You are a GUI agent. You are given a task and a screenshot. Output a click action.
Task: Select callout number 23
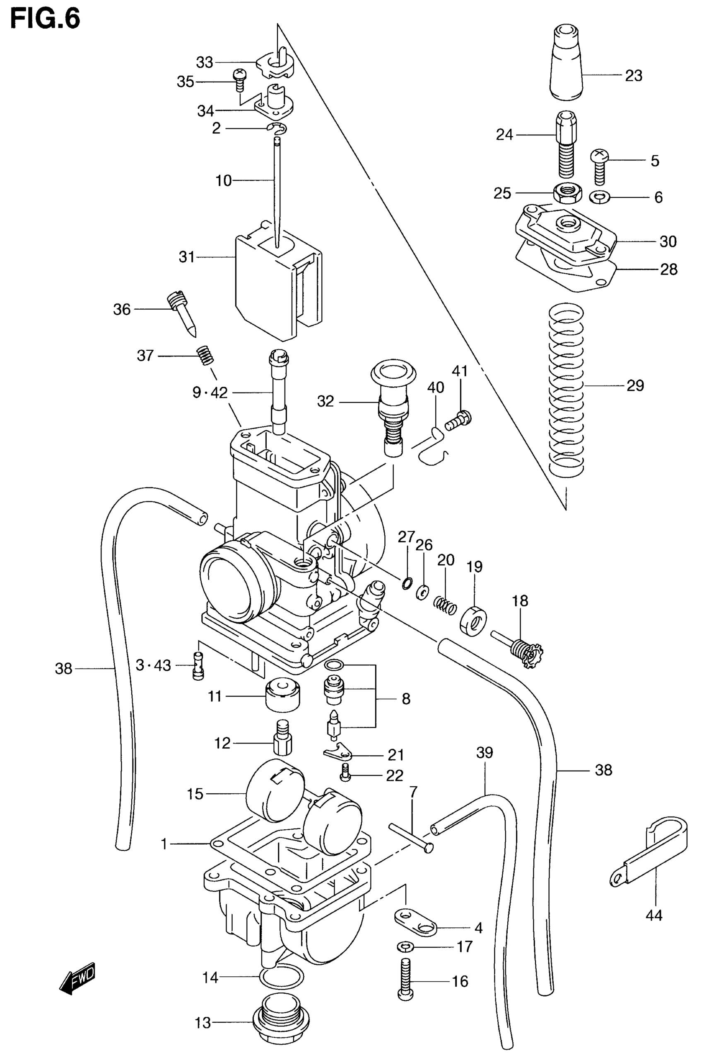(x=634, y=75)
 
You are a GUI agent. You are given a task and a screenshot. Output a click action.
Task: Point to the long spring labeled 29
(x=567, y=386)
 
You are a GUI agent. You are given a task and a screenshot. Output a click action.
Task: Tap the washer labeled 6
(x=599, y=196)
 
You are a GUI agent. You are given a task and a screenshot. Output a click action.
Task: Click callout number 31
(x=187, y=257)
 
